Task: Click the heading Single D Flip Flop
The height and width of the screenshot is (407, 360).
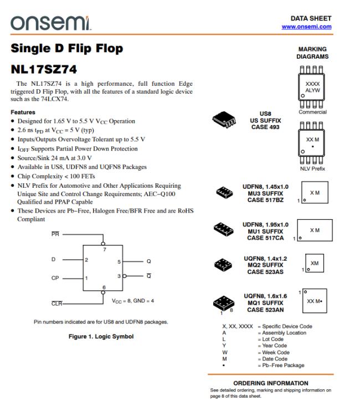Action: point(67,49)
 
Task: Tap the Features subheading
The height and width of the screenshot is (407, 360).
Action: point(24,112)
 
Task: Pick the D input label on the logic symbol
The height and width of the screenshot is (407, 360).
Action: point(53,260)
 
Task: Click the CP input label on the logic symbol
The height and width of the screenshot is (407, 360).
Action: point(55,278)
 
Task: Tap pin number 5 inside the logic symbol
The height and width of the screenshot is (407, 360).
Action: point(119,260)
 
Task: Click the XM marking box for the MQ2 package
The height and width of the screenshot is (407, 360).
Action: point(315,263)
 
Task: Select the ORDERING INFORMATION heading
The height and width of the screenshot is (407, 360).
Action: point(270,383)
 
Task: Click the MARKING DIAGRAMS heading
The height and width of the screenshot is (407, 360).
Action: point(312,53)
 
